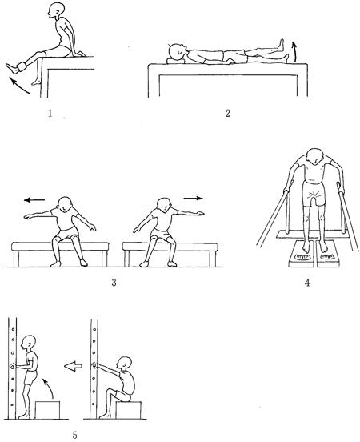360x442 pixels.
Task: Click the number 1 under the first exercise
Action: [50, 114]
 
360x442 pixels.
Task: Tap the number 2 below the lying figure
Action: [228, 114]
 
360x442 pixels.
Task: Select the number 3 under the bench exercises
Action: [114, 283]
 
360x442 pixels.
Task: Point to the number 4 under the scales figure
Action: [307, 283]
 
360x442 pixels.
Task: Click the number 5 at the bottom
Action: [74, 435]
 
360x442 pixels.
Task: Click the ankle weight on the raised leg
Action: [21, 68]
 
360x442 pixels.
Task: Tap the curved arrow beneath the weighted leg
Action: [18, 86]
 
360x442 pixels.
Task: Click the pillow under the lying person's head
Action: [176, 61]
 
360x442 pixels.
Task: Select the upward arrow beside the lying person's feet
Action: [294, 51]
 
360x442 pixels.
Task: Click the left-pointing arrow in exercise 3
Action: [34, 200]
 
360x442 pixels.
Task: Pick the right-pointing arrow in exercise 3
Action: [194, 198]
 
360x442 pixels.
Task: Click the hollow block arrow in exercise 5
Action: [74, 366]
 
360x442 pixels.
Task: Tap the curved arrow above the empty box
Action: [49, 388]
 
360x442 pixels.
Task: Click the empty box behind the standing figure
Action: [48, 410]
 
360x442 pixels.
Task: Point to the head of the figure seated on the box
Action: [124, 363]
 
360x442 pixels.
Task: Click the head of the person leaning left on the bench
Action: [66, 204]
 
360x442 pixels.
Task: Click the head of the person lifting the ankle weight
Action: [56, 10]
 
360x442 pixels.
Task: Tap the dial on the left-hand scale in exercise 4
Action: [302, 257]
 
